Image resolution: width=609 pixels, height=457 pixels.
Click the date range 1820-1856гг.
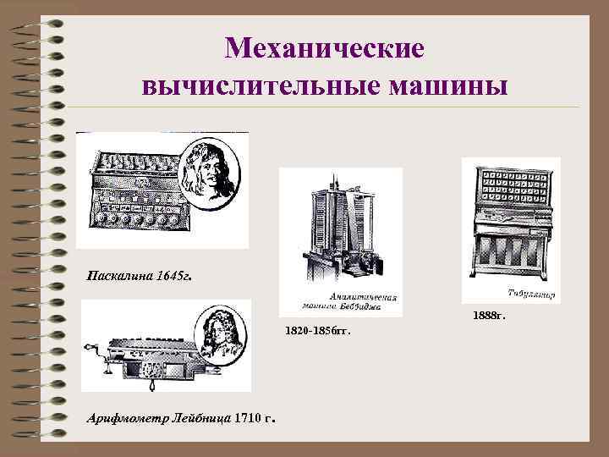point(317,332)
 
